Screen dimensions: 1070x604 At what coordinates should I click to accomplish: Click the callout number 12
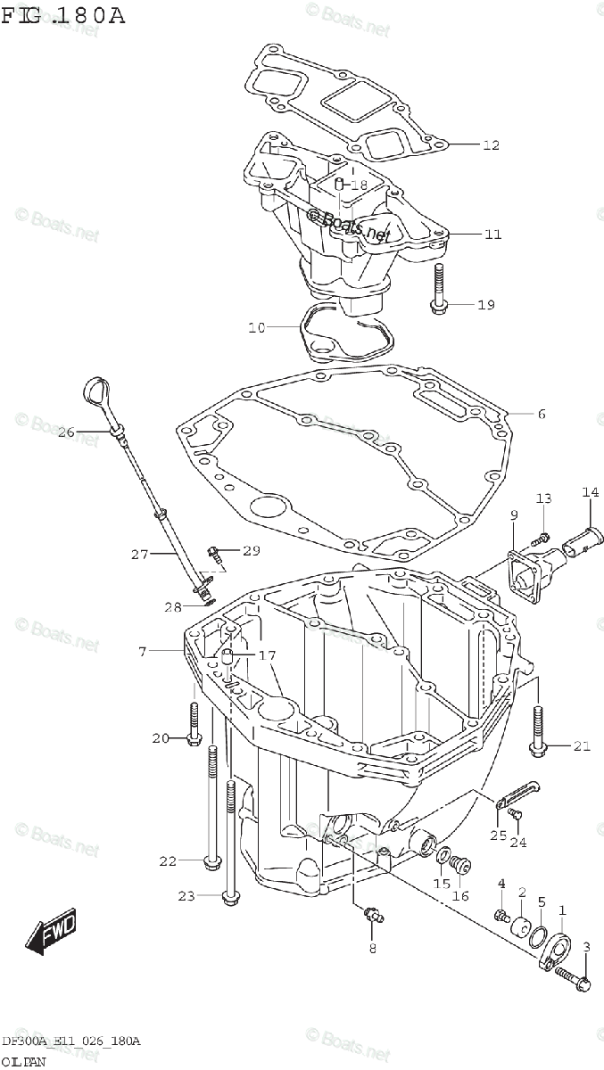coord(492,145)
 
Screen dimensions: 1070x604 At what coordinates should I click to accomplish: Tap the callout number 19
coord(485,305)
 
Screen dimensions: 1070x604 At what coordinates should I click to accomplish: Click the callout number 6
coord(542,414)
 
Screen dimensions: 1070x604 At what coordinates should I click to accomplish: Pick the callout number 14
coord(591,492)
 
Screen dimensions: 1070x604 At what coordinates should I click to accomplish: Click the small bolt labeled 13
coord(539,538)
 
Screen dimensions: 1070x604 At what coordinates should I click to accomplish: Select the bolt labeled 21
coord(537,728)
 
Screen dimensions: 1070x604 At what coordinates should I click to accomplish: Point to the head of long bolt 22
coord(211,860)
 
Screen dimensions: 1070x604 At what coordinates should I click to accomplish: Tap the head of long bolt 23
coord(231,894)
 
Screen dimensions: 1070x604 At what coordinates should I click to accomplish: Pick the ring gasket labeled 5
coord(538,934)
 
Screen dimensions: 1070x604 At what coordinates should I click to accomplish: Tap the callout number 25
coord(498,835)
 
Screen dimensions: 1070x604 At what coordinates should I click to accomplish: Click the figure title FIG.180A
coord(62,17)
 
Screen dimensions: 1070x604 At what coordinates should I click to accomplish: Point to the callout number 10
coord(256,328)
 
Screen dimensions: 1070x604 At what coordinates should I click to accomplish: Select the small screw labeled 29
coord(215,553)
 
